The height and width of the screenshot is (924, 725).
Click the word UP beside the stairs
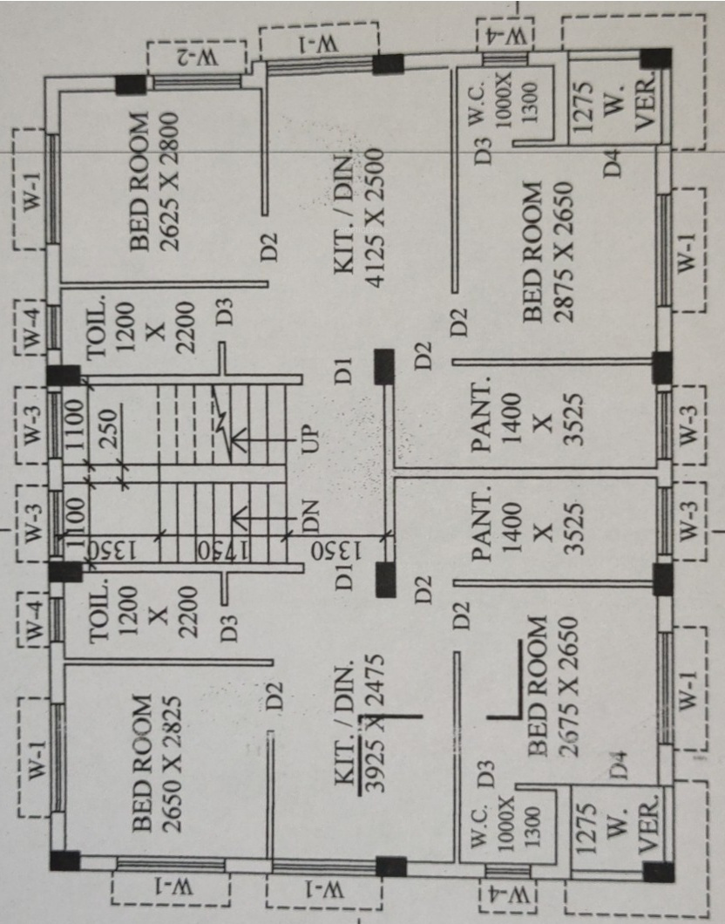[x=310, y=432]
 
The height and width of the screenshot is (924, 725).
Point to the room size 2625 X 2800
[x=169, y=181]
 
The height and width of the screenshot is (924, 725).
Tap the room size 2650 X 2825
[x=171, y=763]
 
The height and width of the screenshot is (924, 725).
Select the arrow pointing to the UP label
[x=261, y=435]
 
